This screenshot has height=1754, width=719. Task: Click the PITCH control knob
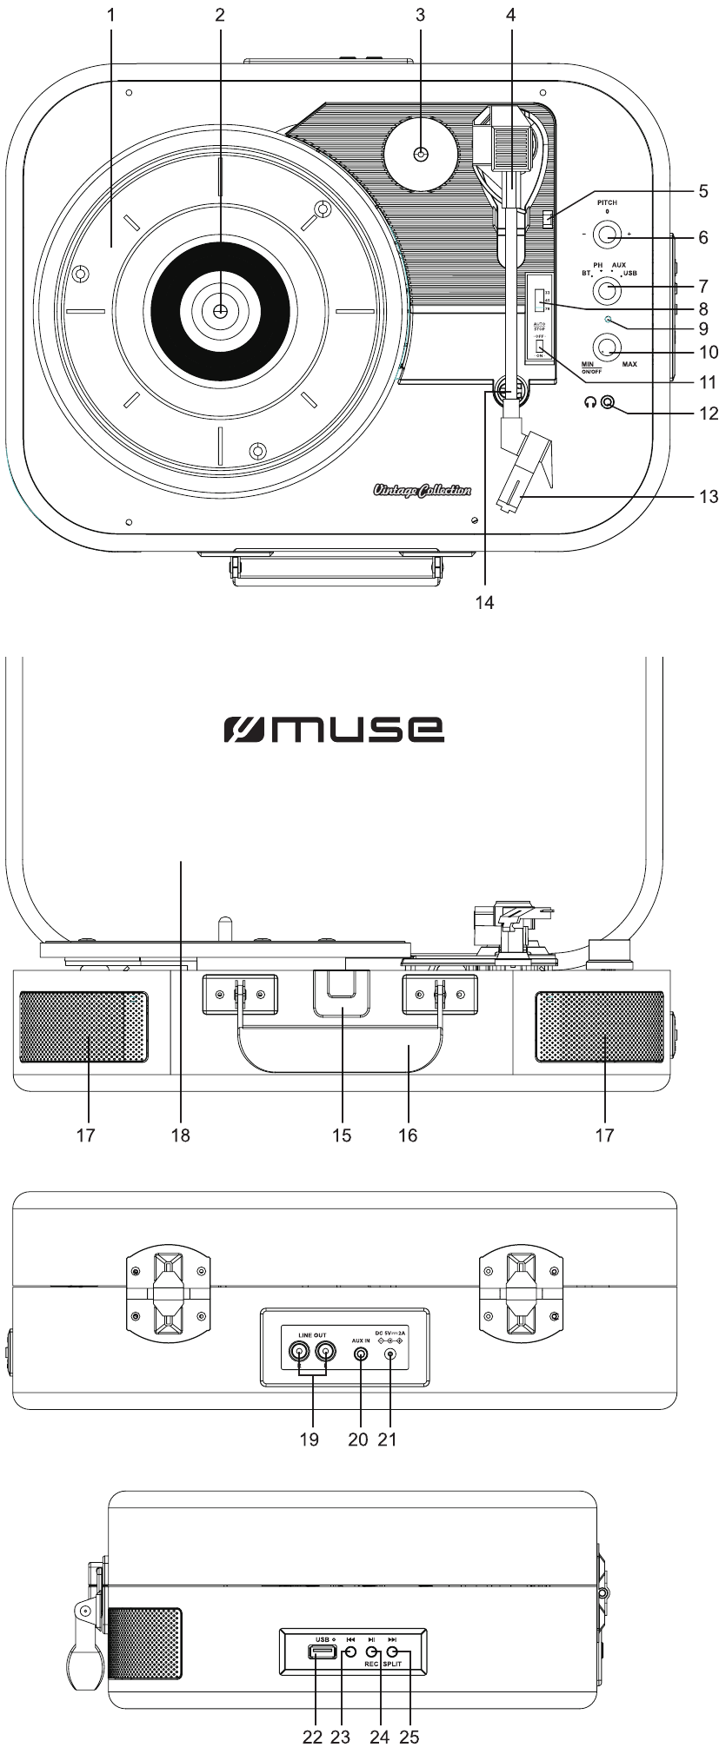(607, 234)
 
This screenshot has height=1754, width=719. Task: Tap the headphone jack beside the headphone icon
(608, 402)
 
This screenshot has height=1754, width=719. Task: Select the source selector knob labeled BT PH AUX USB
(607, 289)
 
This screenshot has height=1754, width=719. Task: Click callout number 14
(484, 603)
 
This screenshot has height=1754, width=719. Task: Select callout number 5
(702, 191)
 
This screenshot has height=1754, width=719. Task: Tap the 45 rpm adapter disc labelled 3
(421, 155)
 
